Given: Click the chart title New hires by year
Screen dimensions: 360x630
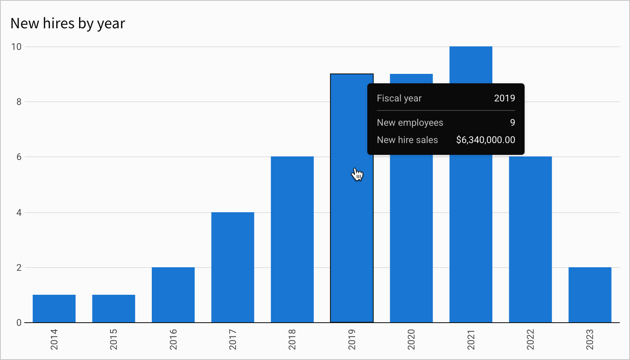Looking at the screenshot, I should click(68, 24).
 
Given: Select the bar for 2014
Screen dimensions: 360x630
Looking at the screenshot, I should click(54, 309).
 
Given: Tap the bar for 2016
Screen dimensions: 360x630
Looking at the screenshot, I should click(173, 295).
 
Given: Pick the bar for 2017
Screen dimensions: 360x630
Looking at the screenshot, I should click(233, 267).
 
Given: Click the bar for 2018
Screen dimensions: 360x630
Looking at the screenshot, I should click(292, 240).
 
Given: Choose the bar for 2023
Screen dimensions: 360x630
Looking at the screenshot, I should click(590, 295).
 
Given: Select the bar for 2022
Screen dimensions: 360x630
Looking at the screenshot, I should click(530, 240).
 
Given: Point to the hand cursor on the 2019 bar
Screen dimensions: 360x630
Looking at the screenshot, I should click(357, 174).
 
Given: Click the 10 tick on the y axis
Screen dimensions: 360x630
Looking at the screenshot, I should click(17, 47).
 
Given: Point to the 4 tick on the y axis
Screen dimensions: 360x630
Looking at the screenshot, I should click(19, 213).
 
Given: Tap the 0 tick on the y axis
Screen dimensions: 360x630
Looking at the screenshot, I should click(19, 323).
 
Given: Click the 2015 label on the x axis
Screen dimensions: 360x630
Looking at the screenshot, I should click(114, 339).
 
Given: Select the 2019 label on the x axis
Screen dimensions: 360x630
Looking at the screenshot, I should click(352, 339).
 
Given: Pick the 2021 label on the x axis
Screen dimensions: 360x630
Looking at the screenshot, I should click(471, 339).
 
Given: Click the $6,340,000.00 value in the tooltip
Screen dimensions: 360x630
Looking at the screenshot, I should click(485, 140).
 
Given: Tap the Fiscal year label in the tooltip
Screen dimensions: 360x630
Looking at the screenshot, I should click(399, 98).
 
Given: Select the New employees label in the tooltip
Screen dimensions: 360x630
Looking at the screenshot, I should click(410, 123).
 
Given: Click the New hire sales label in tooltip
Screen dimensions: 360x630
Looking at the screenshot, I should click(407, 140).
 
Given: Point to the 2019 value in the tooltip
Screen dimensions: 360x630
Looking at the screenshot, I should click(505, 98).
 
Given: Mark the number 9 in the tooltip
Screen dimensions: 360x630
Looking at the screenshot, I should click(512, 123).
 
